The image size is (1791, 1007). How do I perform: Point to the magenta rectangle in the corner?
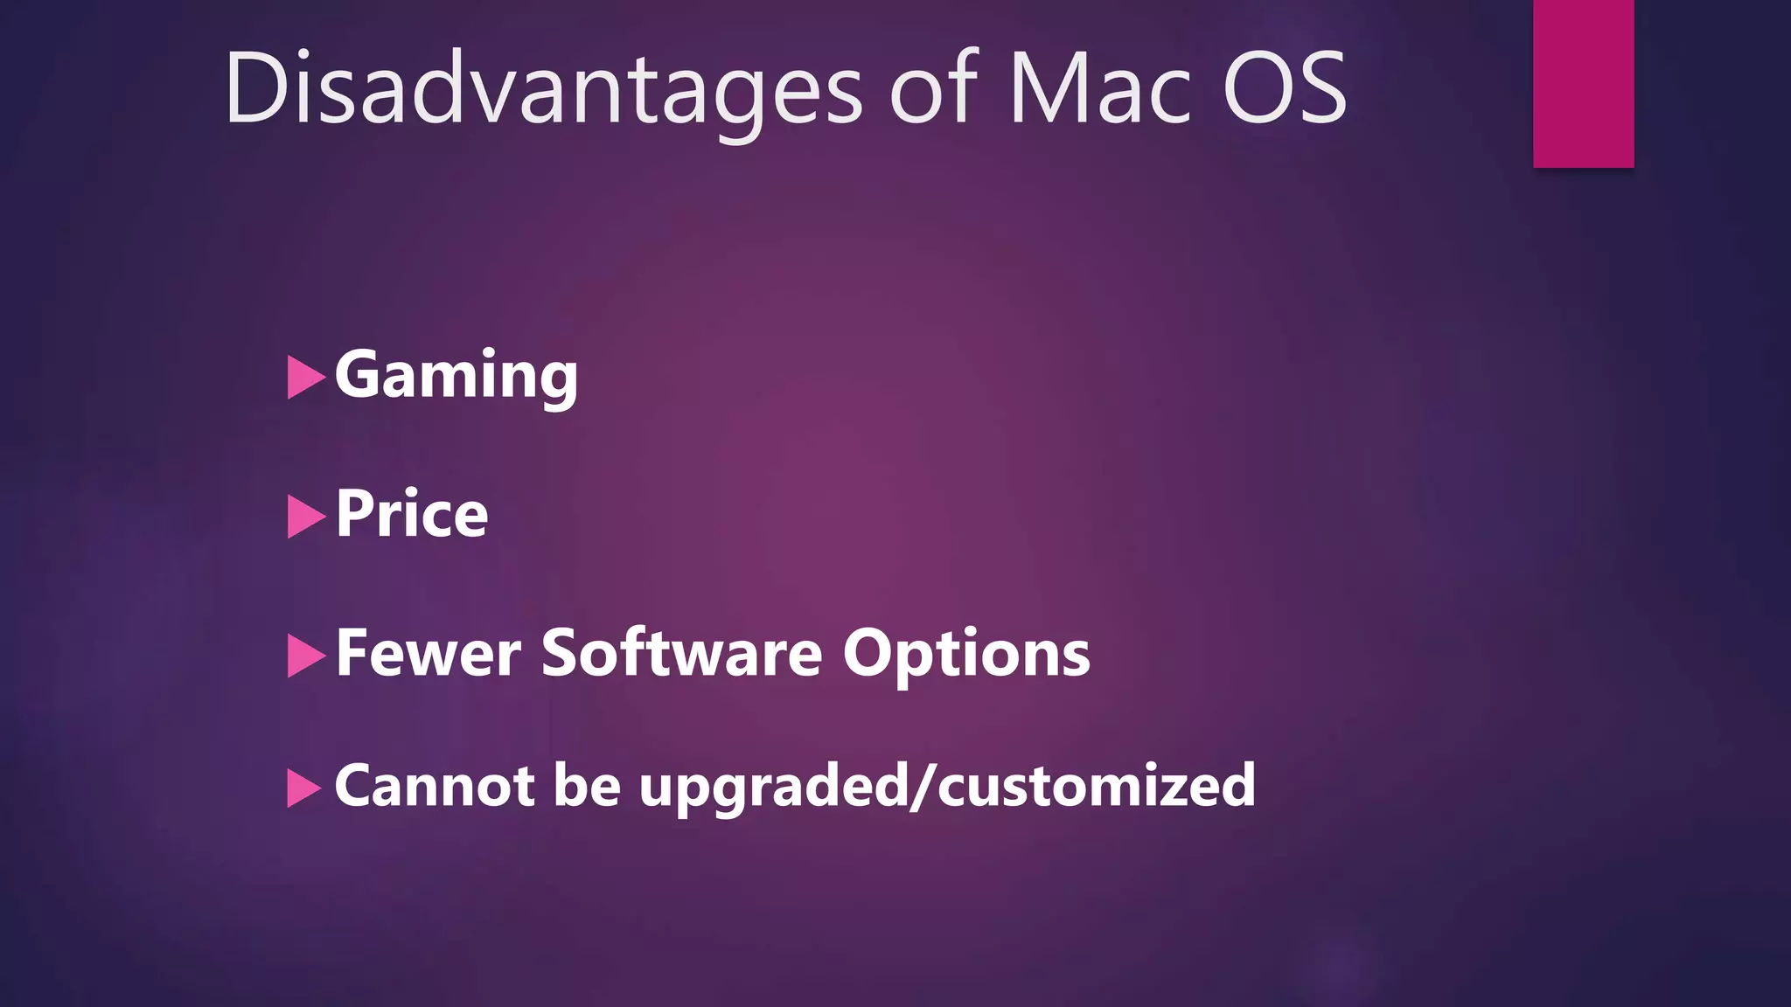tap(1583, 83)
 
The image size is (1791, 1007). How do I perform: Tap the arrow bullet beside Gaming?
tap(304, 378)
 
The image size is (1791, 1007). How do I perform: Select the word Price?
tap(411, 514)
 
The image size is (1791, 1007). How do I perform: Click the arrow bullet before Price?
tap(304, 517)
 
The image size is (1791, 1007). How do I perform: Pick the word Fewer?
tap(428, 653)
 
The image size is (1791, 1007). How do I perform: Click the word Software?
tap(681, 653)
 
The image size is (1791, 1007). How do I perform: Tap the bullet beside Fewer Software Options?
tap(304, 656)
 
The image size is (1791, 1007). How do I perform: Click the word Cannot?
tap(434, 785)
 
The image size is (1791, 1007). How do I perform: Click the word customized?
tap(1097, 785)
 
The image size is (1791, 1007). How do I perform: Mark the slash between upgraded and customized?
tap(923, 787)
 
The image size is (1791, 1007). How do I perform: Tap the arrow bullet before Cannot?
tap(303, 788)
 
